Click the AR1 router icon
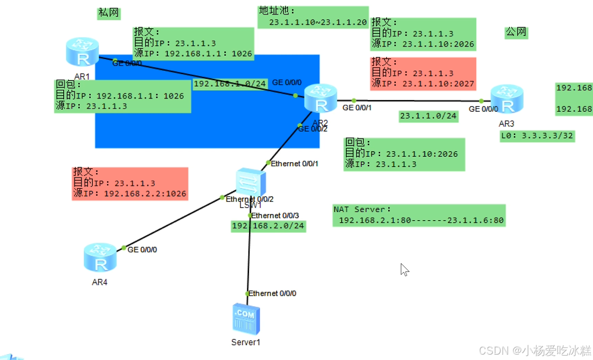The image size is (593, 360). coord(83,52)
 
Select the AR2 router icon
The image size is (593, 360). coord(321,99)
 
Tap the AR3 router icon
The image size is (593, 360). coord(507,99)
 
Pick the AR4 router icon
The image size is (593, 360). coord(100,257)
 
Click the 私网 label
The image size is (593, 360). coord(108,13)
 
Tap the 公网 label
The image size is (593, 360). coord(516,33)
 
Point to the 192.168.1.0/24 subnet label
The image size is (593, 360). coord(230,84)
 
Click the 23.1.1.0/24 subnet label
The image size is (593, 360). coord(428,116)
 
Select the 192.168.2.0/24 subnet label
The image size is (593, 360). coord(268,226)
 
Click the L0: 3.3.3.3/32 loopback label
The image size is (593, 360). coord(537,136)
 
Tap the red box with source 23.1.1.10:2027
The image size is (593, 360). coord(423,73)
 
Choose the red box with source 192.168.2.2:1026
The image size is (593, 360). coord(130,184)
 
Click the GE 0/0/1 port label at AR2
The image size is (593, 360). coord(357,108)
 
